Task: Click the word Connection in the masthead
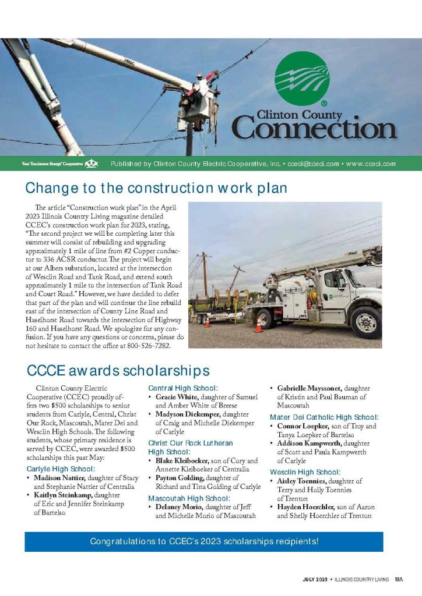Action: [x=315, y=127]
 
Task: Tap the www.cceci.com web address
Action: [x=371, y=164]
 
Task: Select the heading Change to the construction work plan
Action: [x=156, y=188]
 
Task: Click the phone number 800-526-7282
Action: [x=151, y=345]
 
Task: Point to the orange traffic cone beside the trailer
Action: [x=258, y=324]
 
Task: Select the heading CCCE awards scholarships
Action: [x=118, y=371]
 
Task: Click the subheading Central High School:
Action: [x=183, y=388]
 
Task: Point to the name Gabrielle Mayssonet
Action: [x=310, y=388]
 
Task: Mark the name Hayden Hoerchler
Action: [x=302, y=507]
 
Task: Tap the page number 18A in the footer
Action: [x=399, y=579]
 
